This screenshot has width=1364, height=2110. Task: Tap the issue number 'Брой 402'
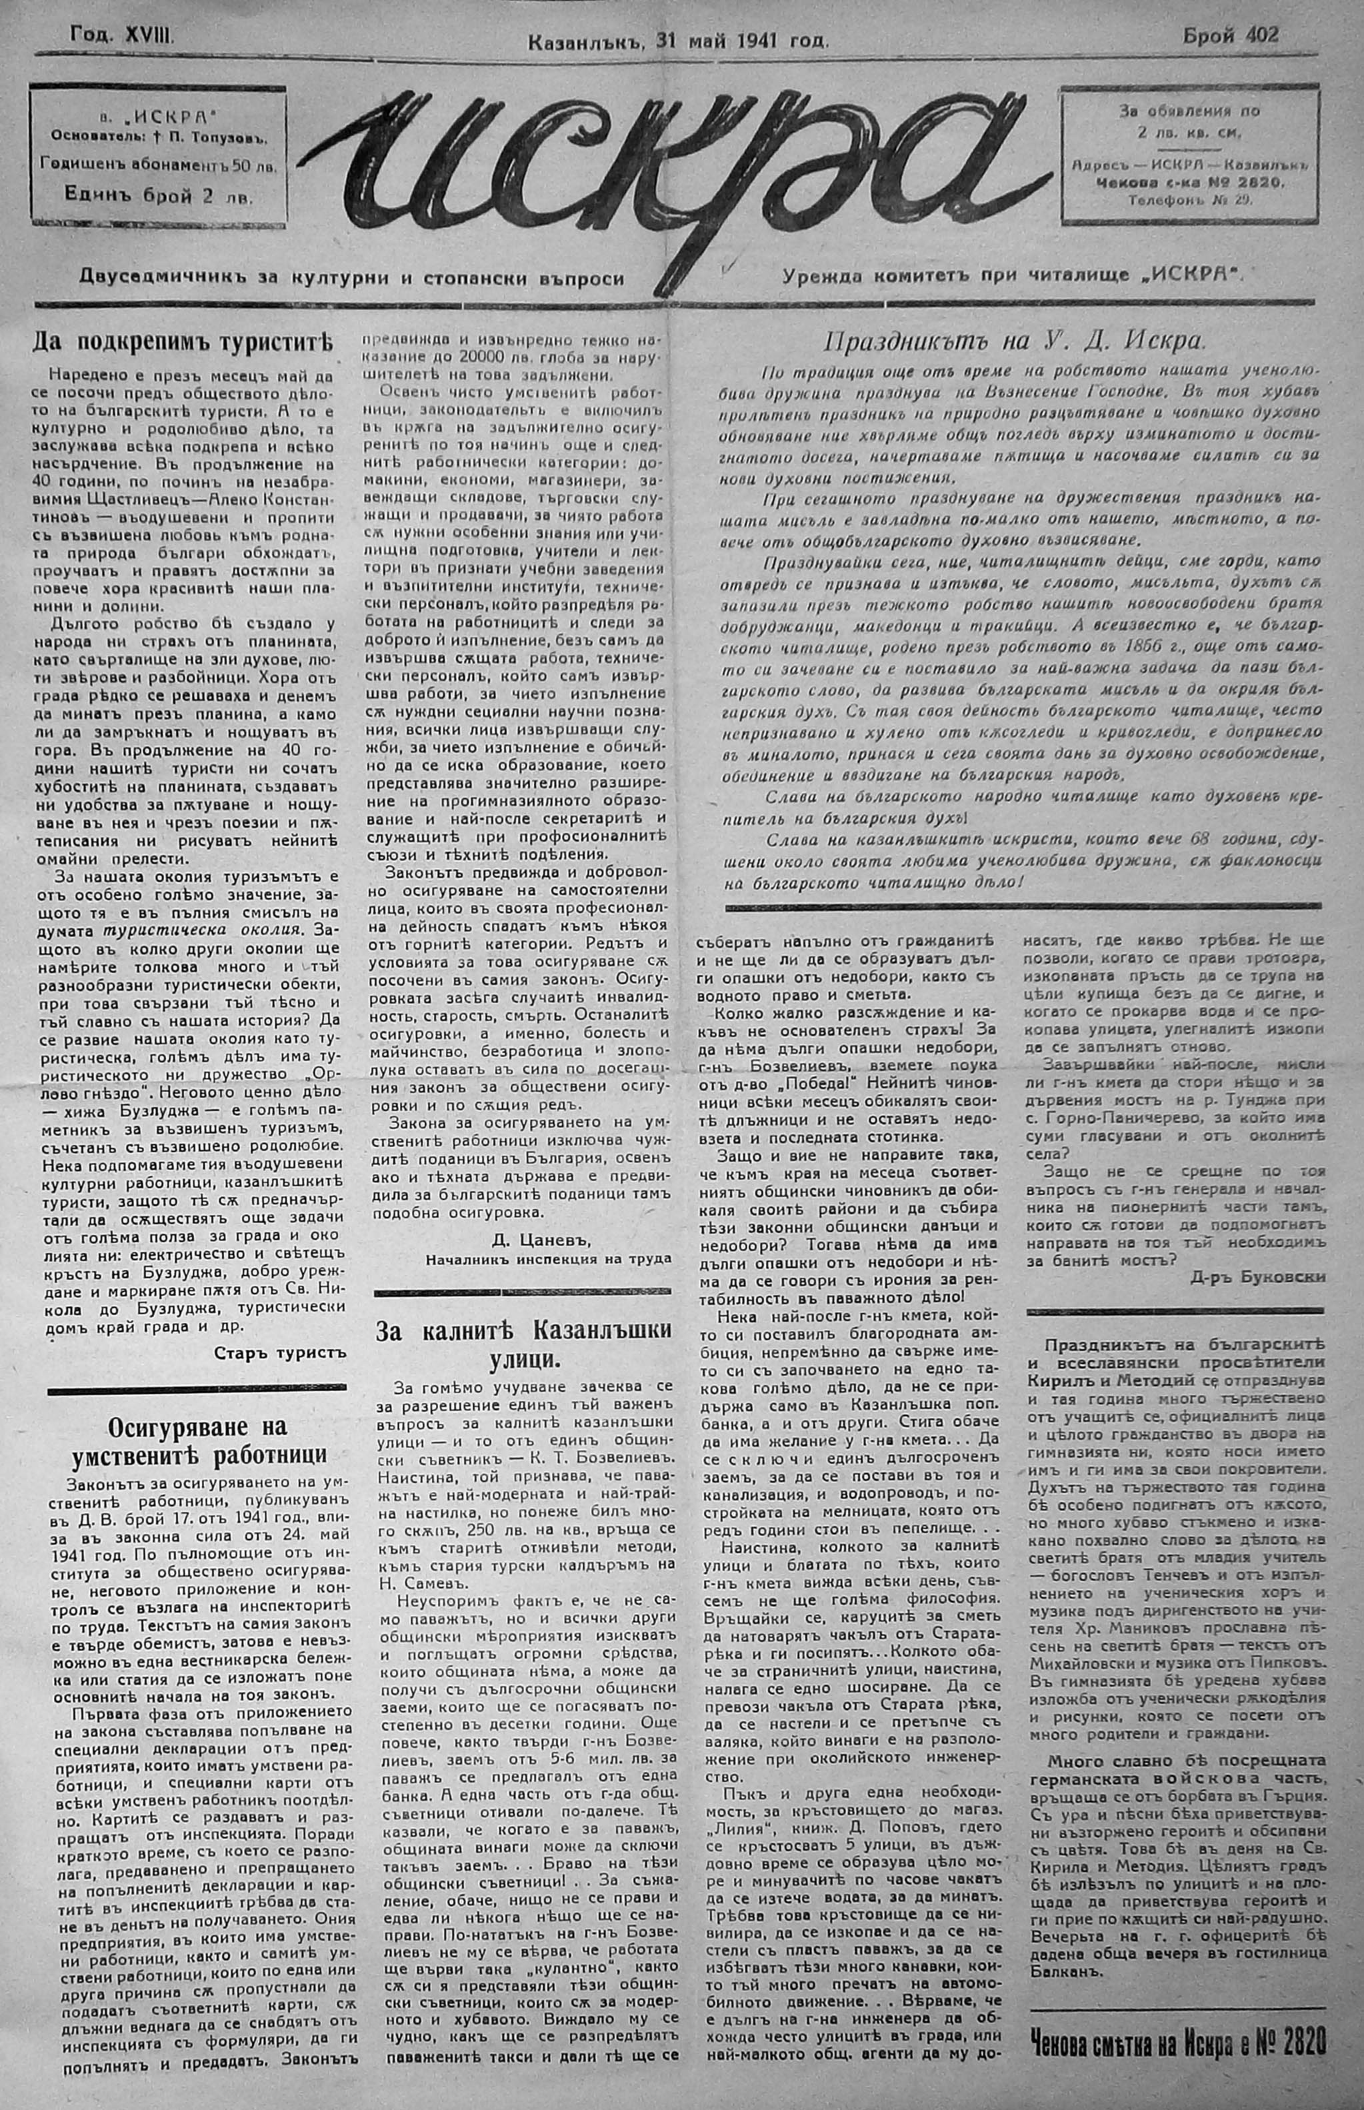(1230, 35)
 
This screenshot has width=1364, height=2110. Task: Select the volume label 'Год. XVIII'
(123, 36)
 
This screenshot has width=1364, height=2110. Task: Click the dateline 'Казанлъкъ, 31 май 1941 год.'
(677, 41)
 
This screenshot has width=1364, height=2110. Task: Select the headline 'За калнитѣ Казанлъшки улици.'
(523, 1344)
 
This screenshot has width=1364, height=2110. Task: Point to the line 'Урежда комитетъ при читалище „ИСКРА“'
(1014, 275)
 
